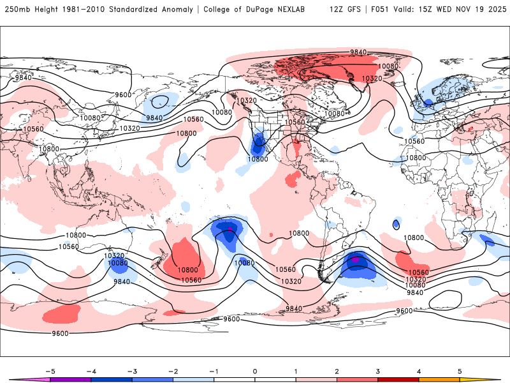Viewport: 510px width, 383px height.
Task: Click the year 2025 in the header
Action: pyautogui.click(x=493, y=10)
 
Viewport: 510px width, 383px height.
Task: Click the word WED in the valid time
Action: pyautogui.click(x=445, y=10)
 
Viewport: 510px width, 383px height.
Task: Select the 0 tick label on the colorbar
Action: pyautogui.click(x=254, y=370)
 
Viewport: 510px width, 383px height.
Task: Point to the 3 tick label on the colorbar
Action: pyautogui.click(x=377, y=370)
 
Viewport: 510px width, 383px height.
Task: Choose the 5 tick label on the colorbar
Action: pyautogui.click(x=460, y=370)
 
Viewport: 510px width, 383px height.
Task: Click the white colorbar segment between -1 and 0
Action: pyautogui.click(x=234, y=380)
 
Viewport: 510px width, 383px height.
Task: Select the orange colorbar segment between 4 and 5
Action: pyautogui.click(x=439, y=380)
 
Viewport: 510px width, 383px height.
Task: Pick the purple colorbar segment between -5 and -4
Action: pyautogui.click(x=70, y=380)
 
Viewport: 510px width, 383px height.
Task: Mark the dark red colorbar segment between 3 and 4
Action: pyautogui.click(x=398, y=380)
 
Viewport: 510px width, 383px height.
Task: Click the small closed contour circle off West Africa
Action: pyautogui.click(x=397, y=225)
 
